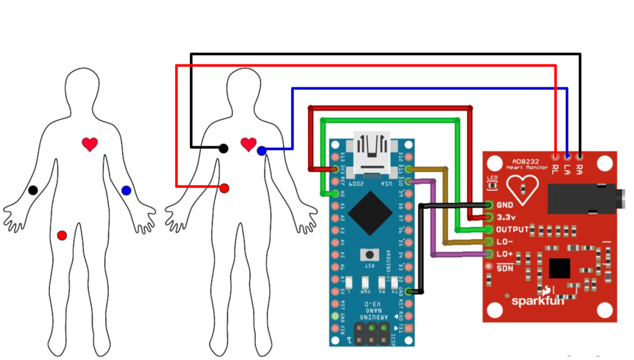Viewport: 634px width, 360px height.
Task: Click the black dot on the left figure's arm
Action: [33, 190]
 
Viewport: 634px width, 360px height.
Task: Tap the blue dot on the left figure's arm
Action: [126, 190]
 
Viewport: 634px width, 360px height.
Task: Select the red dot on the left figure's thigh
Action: [61, 235]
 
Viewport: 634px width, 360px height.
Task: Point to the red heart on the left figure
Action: [90, 144]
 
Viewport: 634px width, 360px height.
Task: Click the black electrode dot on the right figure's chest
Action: [223, 148]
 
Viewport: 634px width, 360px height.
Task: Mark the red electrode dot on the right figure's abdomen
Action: [224, 188]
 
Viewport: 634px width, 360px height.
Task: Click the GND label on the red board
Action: [505, 205]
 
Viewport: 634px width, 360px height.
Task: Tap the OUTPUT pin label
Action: [513, 230]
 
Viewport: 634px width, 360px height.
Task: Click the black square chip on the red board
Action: [559, 268]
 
